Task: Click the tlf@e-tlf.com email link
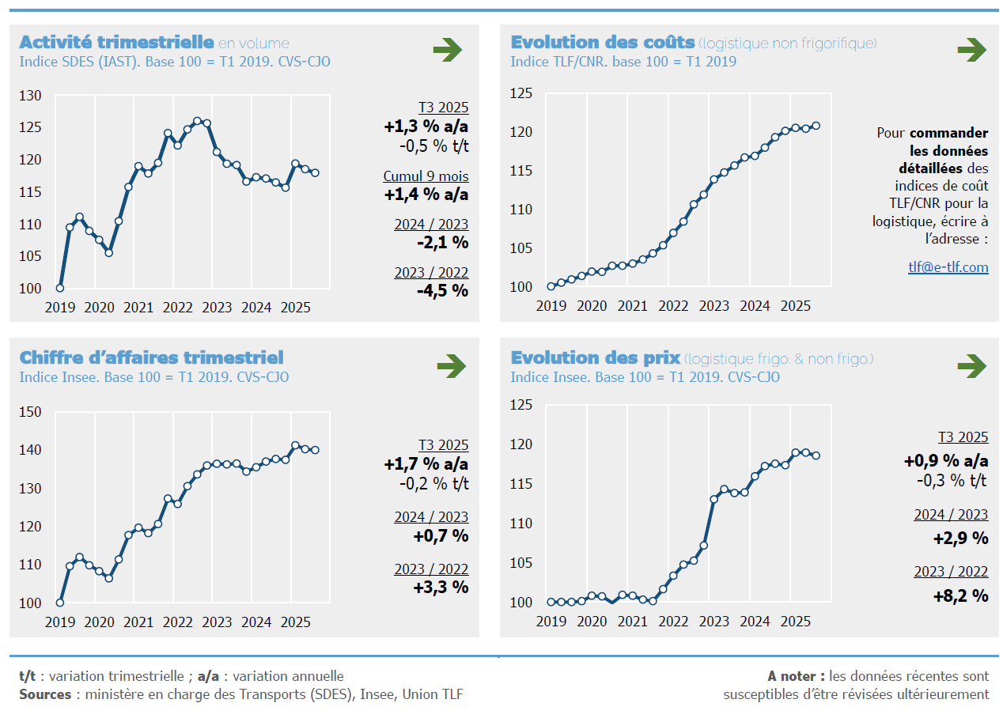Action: coord(948,267)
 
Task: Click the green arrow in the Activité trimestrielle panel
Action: coord(448,51)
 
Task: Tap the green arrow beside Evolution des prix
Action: coord(971,366)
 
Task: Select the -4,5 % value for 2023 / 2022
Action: coord(443,290)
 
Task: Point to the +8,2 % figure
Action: coord(960,596)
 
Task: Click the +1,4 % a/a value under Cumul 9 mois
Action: coord(426,195)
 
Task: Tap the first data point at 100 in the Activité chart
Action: coord(60,288)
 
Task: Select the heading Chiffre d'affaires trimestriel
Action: coord(151,358)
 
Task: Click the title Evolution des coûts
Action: coord(603,43)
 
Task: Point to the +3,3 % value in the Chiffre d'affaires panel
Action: coord(441,588)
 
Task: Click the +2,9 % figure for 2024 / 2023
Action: coord(960,539)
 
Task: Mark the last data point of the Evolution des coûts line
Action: coord(816,126)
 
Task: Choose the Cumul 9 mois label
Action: coord(426,176)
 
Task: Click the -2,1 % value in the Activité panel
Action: coord(443,242)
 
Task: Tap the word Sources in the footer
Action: coord(44,694)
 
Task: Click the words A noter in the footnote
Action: coord(796,676)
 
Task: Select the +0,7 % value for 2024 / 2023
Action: coord(441,536)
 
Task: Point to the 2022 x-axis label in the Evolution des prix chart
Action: coord(673,622)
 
